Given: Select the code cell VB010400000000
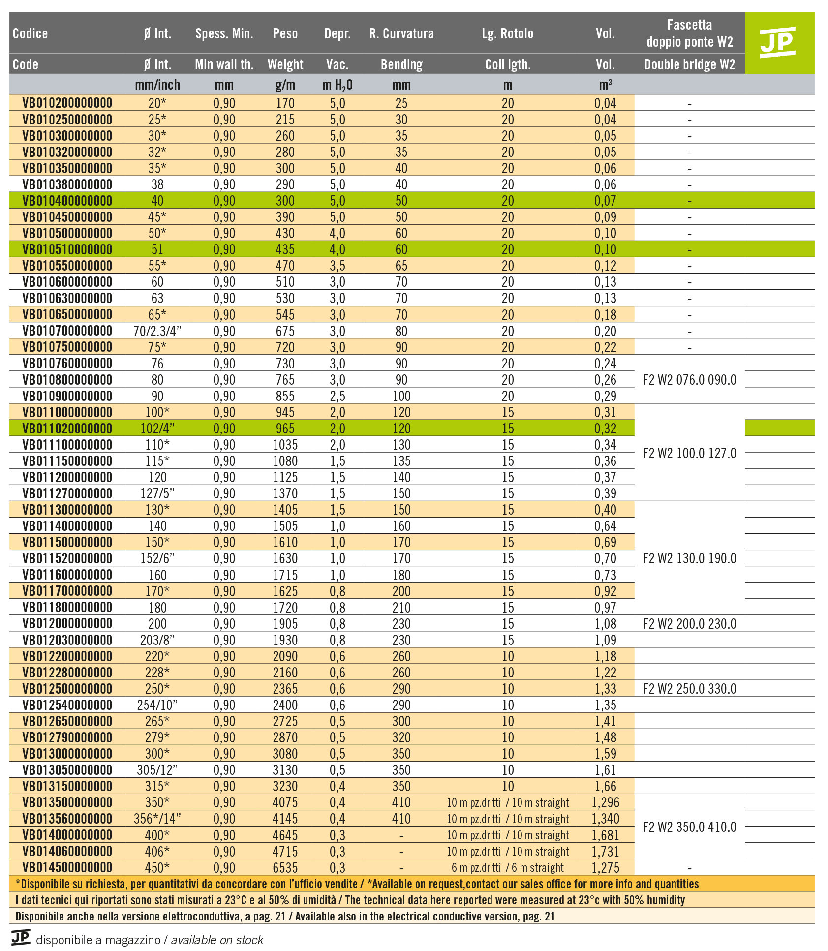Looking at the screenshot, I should [x=67, y=201].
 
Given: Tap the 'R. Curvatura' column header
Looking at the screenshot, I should [x=401, y=33].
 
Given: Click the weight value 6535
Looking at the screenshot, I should [x=285, y=867].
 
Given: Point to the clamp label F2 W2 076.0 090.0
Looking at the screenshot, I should [x=689, y=380].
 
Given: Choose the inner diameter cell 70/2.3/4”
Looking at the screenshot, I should [x=157, y=331].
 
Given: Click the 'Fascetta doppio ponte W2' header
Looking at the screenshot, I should [x=689, y=33].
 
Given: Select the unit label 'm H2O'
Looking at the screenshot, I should [x=337, y=85].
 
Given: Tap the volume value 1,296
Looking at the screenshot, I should [x=605, y=802].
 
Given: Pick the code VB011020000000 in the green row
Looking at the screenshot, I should [x=67, y=429].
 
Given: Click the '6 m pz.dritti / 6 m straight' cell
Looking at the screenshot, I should [x=507, y=867].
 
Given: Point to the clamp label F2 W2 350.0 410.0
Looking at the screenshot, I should [x=689, y=827].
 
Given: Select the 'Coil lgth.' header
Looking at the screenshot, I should [x=508, y=64].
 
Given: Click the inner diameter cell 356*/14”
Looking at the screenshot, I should [x=157, y=819].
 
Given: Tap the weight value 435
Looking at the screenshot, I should [x=285, y=249].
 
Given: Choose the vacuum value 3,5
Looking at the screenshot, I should [x=337, y=266].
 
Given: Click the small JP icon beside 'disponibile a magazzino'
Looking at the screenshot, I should [x=21, y=937].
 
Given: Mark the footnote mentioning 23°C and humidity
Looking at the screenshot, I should [x=350, y=900].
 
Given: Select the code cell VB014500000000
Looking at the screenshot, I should [x=67, y=867].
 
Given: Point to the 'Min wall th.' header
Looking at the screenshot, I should [x=224, y=64].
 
